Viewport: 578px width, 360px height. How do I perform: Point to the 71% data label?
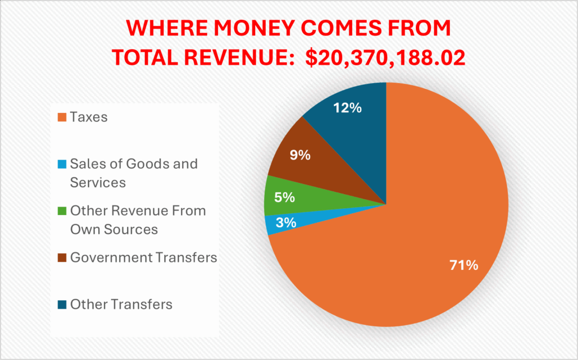(463, 265)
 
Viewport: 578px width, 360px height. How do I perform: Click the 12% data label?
(347, 107)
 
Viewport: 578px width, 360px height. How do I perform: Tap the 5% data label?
(286, 197)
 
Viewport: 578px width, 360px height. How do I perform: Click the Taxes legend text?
(89, 117)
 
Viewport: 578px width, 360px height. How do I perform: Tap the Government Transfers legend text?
(143, 257)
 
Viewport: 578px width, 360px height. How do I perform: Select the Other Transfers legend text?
(121, 304)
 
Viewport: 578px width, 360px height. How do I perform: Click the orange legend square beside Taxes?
(62, 118)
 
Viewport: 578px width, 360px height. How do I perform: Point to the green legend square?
(62, 212)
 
